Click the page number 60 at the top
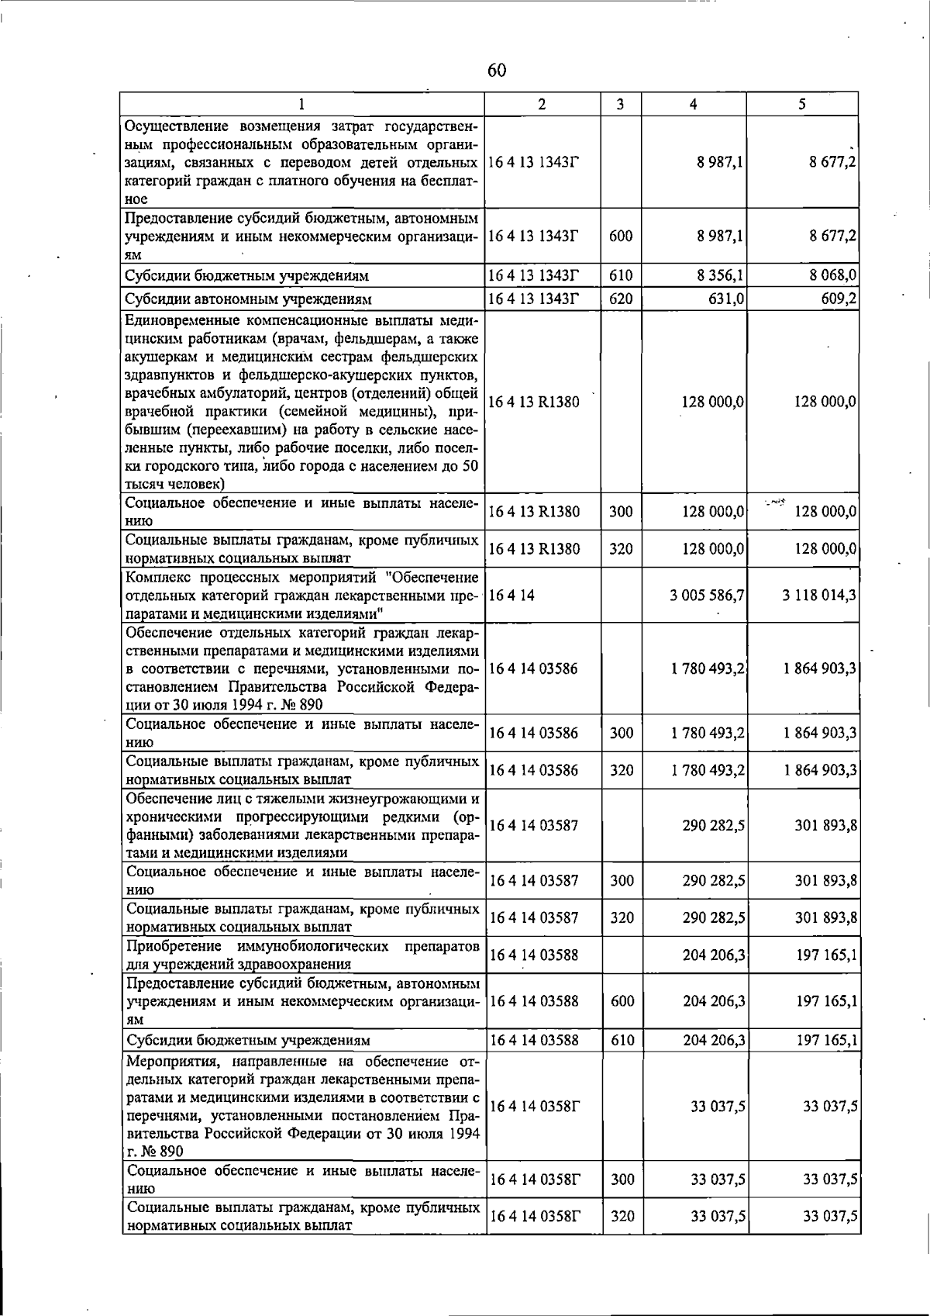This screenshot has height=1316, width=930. click(x=497, y=71)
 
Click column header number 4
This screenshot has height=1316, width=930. click(x=694, y=104)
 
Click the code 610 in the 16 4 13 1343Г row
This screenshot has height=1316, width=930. click(x=621, y=275)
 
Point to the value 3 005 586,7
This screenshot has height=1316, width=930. click(x=708, y=595)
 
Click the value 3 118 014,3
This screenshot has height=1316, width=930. click(x=820, y=595)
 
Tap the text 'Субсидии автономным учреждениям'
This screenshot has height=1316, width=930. click(x=248, y=299)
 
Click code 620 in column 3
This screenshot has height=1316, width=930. click(x=621, y=299)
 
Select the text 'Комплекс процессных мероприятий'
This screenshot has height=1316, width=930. click(x=256, y=578)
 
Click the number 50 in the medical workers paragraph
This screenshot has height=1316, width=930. click(x=470, y=466)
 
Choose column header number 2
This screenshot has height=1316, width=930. click(x=542, y=104)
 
